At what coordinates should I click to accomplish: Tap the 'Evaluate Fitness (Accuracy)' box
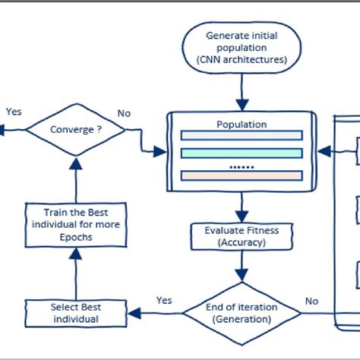[241, 236]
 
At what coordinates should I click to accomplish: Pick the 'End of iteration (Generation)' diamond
[242, 312]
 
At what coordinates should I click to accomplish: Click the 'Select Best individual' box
[75, 312]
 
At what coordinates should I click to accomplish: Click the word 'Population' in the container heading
[241, 124]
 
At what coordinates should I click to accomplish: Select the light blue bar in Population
[241, 137]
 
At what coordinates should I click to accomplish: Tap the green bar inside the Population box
[241, 153]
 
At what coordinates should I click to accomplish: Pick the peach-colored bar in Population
[241, 176]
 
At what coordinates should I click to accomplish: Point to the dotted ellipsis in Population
[241, 165]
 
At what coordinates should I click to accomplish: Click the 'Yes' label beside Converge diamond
[14, 112]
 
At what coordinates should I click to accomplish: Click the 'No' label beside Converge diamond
[123, 113]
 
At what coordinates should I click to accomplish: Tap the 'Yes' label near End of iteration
[164, 300]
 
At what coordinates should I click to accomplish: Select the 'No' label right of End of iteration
[311, 301]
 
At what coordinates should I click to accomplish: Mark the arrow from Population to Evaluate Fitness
[241, 204]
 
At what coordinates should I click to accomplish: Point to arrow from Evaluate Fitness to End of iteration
[241, 266]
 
